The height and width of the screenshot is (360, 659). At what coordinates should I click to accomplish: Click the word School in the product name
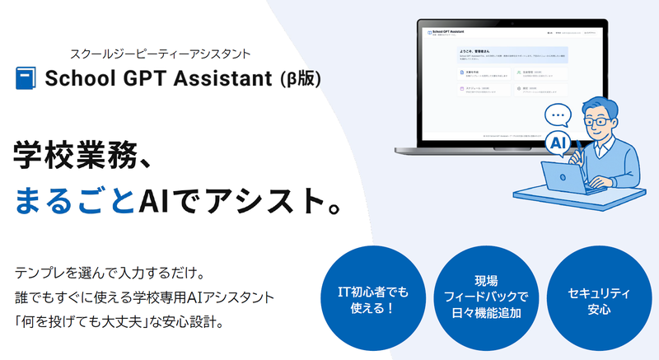77,79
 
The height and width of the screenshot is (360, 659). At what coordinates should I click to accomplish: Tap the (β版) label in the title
301,79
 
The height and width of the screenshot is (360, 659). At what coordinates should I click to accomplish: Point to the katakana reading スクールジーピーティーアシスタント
168,54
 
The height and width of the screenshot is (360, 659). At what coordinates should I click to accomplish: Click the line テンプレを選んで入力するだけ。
104,272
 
